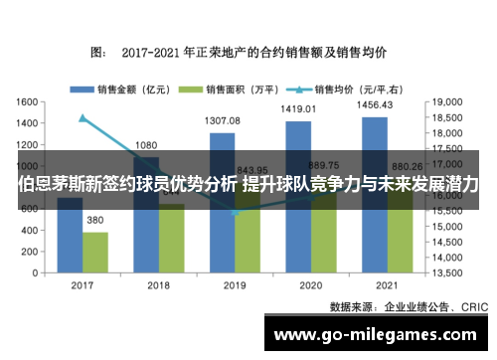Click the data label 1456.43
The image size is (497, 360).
pyautogui.click(x=376, y=104)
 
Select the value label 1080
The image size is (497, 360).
pyautogui.click(x=146, y=144)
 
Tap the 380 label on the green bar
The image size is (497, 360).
pyautogui.click(x=95, y=220)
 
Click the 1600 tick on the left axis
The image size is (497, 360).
pyautogui.click(x=27, y=101)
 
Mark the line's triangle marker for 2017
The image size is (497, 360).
pyautogui.click(x=83, y=118)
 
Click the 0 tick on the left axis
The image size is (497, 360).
pyautogui.click(x=34, y=271)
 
